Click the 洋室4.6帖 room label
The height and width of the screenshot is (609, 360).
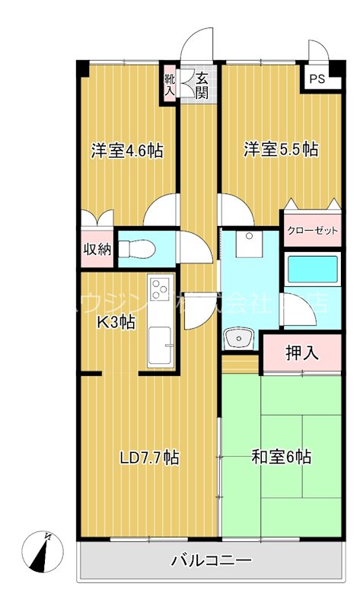point(128,149)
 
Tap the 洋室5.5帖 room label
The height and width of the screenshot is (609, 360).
point(281,149)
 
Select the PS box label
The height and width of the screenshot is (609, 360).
point(316,78)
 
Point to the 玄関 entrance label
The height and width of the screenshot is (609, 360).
point(202,84)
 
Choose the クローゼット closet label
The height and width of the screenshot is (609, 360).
point(312,231)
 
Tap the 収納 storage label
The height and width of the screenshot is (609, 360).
point(98,249)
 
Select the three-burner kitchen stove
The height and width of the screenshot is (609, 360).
point(161,289)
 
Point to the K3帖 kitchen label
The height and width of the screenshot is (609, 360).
point(116,322)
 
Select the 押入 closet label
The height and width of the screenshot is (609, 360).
point(302,353)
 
